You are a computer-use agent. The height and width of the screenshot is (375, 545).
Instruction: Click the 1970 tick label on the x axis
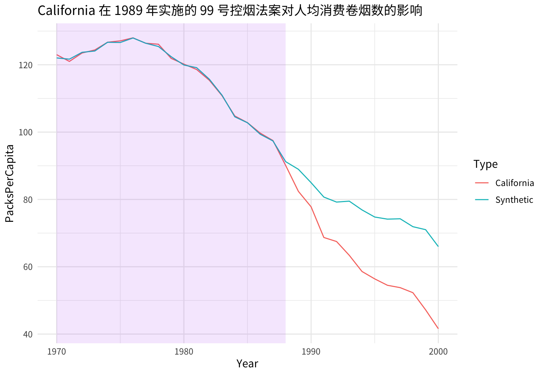click(x=57, y=352)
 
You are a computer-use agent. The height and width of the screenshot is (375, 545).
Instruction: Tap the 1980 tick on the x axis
click(x=183, y=352)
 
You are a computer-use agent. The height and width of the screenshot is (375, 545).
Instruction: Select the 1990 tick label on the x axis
click(x=311, y=352)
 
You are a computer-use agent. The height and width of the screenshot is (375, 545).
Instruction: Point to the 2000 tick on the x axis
click(x=438, y=352)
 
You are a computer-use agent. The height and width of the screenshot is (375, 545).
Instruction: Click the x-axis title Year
click(x=247, y=364)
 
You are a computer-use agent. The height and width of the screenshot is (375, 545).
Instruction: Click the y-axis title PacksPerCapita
click(x=10, y=183)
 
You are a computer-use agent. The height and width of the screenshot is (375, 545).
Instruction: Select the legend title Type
click(x=485, y=164)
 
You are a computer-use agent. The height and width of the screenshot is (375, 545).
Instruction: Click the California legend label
click(x=514, y=183)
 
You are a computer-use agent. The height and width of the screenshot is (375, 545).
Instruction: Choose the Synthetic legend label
click(x=514, y=200)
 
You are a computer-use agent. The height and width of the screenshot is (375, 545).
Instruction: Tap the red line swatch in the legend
click(x=482, y=183)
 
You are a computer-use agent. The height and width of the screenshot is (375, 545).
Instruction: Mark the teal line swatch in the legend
click(x=482, y=200)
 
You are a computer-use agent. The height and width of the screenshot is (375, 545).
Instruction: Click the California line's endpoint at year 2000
click(x=438, y=328)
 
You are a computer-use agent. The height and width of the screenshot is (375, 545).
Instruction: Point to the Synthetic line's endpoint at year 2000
click(x=438, y=246)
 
